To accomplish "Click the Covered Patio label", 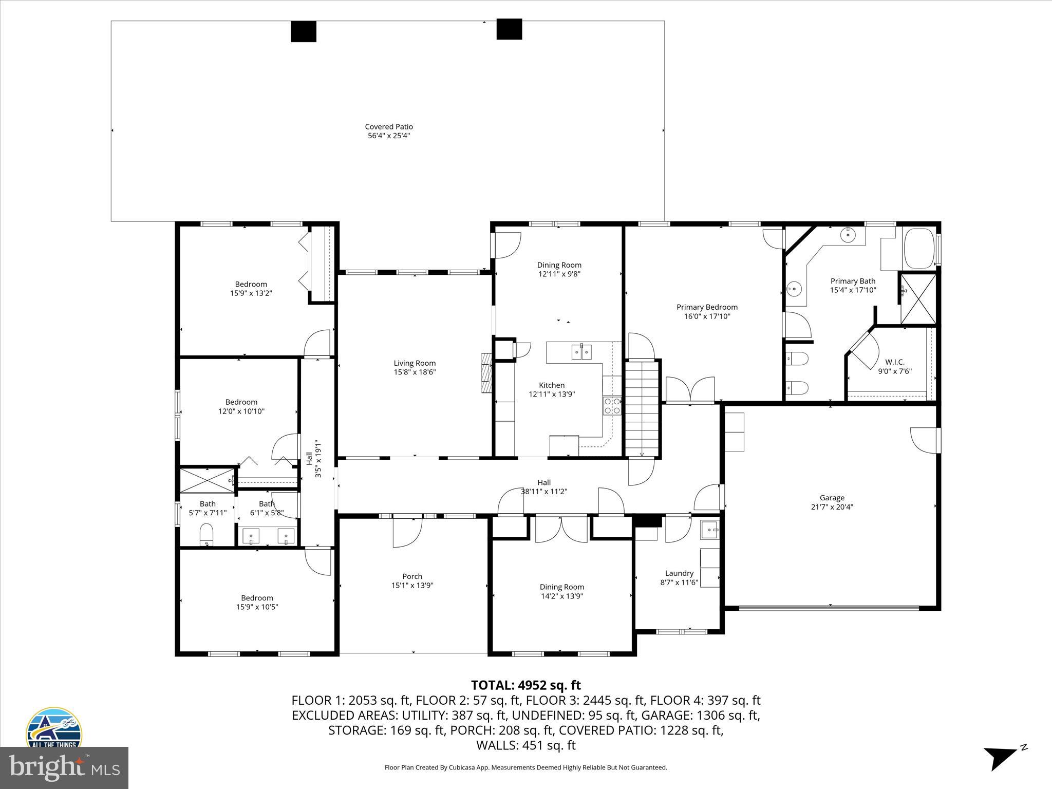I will (389, 127).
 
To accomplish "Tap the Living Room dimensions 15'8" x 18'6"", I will (415, 372).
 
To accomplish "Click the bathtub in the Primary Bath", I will (919, 249).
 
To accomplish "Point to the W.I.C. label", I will (895, 362).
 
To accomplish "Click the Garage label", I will (832, 498).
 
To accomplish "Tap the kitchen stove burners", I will (612, 405).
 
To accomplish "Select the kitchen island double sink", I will (581, 352).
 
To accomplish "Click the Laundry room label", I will (679, 573).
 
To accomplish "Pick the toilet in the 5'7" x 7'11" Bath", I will (206, 534).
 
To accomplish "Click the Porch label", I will (412, 576).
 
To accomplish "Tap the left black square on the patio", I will (304, 31).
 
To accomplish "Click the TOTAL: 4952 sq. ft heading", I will (525, 685).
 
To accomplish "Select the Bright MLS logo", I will (64, 768).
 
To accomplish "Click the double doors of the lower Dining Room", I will (561, 530).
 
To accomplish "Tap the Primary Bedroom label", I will (707, 307).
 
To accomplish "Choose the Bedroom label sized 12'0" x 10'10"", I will (241, 402).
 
